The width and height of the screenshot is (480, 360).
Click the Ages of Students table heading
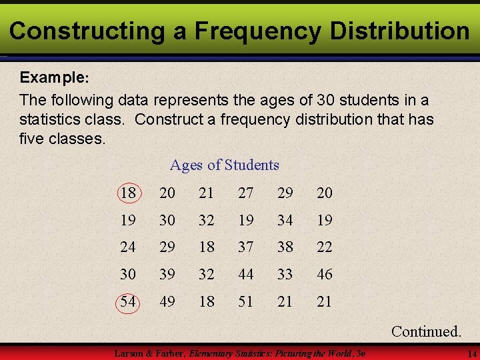[x=225, y=165]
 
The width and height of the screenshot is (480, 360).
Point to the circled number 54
[x=128, y=301]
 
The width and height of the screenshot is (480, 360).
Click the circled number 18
[x=128, y=193]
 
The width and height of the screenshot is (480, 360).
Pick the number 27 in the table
[x=246, y=193]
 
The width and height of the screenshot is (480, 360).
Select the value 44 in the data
[x=246, y=274]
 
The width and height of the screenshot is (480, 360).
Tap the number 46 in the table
[x=324, y=274]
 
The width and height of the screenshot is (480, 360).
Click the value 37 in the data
[x=246, y=247]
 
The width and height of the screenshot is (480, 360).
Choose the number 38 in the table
[x=285, y=247]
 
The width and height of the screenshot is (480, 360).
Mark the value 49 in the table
[x=167, y=301]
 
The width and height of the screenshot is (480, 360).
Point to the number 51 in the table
[x=246, y=301]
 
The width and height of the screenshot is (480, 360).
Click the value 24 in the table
[x=128, y=247]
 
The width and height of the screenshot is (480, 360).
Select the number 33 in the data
[x=285, y=274]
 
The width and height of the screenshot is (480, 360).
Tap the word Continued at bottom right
[x=426, y=331]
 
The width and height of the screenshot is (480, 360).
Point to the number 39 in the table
[x=167, y=274]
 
